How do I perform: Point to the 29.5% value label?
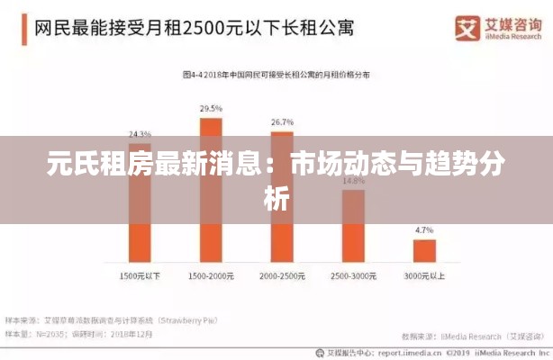(x=211, y=108)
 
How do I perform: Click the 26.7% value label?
(x=282, y=121)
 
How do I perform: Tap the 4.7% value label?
(x=424, y=230)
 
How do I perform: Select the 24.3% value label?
(x=139, y=132)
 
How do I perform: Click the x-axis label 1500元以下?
(x=139, y=274)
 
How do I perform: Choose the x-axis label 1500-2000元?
(x=211, y=274)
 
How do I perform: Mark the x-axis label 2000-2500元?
(x=282, y=274)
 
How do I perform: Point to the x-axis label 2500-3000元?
(x=353, y=274)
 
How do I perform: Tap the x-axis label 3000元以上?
(x=424, y=274)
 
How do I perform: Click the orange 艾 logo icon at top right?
(x=465, y=28)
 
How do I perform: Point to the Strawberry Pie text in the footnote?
(x=188, y=319)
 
